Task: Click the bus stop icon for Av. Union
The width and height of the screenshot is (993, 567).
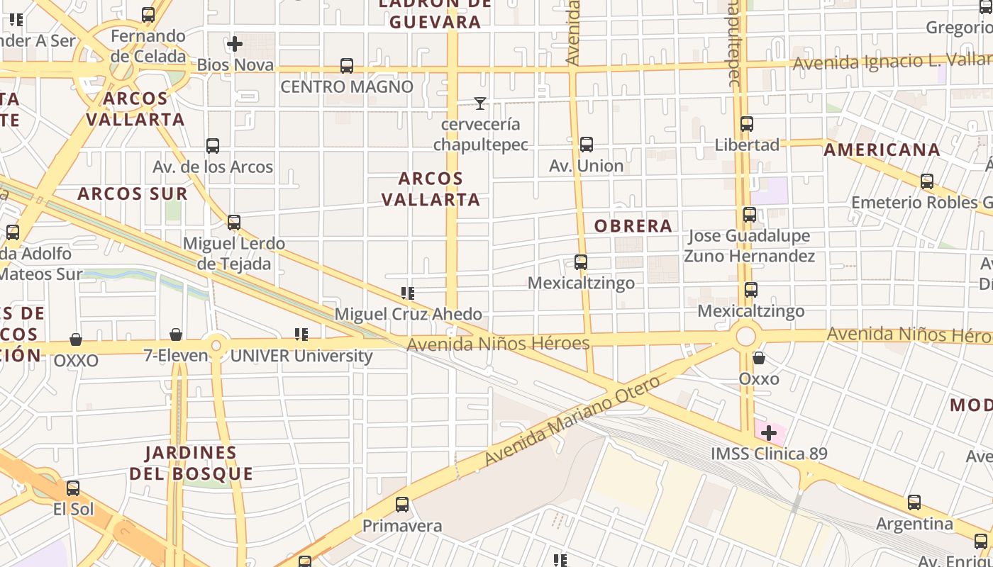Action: (x=587, y=145)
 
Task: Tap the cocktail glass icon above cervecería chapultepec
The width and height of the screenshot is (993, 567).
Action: (x=480, y=103)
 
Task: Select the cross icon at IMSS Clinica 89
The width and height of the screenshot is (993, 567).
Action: (x=769, y=432)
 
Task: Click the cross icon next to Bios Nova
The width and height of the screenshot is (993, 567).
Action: (x=235, y=44)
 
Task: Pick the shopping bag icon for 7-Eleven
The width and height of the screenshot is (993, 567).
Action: (x=176, y=335)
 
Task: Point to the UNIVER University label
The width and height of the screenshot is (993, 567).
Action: (x=301, y=356)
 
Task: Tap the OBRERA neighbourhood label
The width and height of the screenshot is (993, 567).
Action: (x=633, y=226)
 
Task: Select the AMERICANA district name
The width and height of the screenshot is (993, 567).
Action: (x=882, y=150)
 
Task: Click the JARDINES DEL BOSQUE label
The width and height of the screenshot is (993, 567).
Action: (x=191, y=463)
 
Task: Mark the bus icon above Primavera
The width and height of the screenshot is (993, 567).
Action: (x=402, y=505)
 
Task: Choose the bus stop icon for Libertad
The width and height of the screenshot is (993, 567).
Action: (x=746, y=124)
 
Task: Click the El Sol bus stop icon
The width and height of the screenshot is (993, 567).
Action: (x=73, y=488)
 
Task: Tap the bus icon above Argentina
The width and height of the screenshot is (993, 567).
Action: (x=914, y=503)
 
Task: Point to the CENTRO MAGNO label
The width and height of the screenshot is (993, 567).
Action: (x=347, y=86)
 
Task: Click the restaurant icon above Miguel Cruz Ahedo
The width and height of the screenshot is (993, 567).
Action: (x=408, y=293)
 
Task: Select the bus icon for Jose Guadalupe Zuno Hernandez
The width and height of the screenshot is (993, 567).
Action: (x=750, y=215)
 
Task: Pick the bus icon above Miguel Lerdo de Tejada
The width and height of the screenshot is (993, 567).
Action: (x=234, y=223)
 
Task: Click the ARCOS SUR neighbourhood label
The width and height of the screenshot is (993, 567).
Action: (x=133, y=193)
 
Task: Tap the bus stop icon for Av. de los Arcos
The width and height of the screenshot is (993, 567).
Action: (x=213, y=146)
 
